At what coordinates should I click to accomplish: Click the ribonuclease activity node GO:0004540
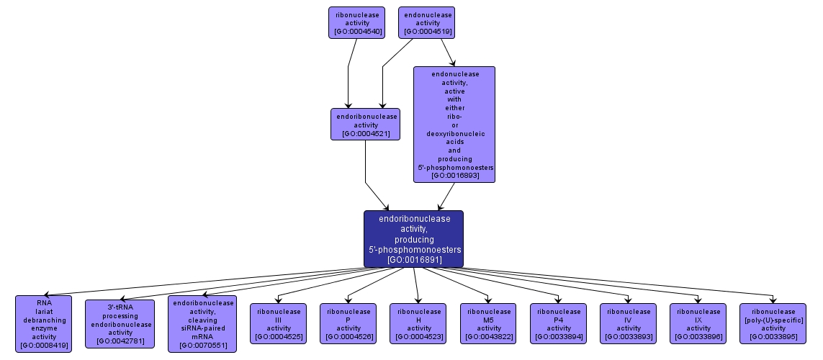356,22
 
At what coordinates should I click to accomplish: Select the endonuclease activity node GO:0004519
428,22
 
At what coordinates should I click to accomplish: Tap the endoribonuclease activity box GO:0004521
365,124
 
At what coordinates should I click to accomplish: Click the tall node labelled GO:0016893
454,124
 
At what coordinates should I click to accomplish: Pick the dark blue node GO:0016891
413,238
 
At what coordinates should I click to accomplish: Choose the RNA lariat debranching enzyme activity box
44,323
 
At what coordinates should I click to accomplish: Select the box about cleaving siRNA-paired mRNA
202,323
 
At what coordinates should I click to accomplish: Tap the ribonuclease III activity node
279,323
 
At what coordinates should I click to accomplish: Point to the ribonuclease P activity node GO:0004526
348,323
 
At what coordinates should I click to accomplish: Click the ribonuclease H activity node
418,323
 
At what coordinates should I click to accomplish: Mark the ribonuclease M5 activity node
489,323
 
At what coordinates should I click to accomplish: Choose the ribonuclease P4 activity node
559,323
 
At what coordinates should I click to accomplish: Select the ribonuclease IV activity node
629,323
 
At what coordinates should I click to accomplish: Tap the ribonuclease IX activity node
698,323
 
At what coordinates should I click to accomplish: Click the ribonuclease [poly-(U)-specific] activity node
773,323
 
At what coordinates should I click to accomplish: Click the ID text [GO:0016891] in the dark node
414,259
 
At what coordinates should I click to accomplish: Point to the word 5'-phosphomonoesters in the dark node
414,249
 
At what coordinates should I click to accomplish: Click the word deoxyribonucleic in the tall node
454,133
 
